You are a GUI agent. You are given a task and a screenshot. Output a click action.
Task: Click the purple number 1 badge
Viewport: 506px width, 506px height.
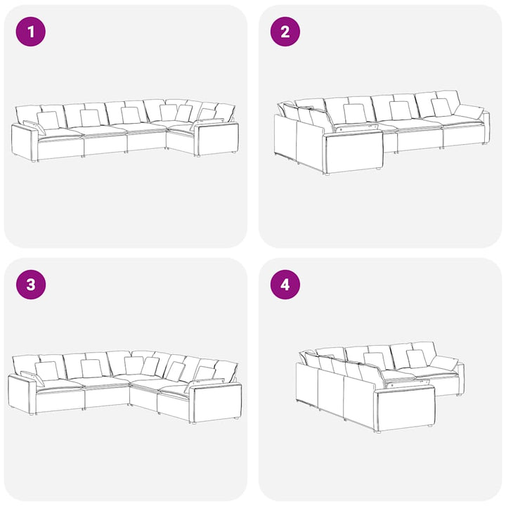(31, 32)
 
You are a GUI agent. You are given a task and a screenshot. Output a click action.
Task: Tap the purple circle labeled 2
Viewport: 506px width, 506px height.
(285, 32)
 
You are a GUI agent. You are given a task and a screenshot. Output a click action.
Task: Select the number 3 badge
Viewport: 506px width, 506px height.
(31, 285)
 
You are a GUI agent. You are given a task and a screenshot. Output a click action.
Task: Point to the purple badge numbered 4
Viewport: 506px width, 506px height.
(285, 285)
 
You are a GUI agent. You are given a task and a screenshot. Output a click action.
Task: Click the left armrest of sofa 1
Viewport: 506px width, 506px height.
(24, 142)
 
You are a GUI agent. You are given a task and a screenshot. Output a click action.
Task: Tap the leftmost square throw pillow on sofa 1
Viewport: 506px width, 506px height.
(48, 120)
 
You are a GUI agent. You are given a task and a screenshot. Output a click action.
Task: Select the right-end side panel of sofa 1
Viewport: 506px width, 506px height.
(217, 138)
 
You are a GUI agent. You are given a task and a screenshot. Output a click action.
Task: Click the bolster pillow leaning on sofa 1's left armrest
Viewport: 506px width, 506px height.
(34, 127)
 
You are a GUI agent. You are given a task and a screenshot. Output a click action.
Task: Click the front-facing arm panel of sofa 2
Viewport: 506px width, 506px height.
(354, 154)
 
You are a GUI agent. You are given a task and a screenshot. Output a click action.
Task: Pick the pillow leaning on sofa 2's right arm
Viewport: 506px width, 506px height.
(469, 112)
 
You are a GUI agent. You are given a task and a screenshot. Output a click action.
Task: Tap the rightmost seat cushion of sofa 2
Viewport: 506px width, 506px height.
(462, 122)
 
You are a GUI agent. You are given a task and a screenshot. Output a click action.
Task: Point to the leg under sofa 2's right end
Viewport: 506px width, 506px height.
(484, 143)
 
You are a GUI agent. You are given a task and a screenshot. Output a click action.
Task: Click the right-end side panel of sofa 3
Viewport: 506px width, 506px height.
(215, 401)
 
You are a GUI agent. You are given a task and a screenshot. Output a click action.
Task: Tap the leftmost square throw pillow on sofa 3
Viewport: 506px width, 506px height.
(46, 371)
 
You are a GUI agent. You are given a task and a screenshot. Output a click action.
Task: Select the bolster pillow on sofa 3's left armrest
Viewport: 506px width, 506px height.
(32, 378)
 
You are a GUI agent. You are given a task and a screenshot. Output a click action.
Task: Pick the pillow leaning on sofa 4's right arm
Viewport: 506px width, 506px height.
(444, 363)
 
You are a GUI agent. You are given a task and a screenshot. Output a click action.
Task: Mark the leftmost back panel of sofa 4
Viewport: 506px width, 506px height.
(307, 384)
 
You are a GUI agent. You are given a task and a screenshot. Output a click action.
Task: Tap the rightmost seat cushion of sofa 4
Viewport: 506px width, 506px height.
(436, 374)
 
